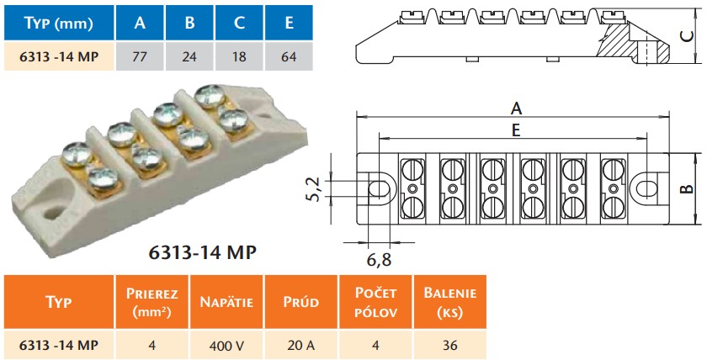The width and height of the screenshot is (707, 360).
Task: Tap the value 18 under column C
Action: (x=239, y=57)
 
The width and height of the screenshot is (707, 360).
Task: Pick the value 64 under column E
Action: (x=289, y=57)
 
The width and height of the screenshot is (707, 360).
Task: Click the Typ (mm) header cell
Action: (x=56, y=23)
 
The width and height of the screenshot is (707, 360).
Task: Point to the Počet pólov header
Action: (x=375, y=302)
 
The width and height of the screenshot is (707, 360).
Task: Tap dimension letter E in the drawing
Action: (x=516, y=130)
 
